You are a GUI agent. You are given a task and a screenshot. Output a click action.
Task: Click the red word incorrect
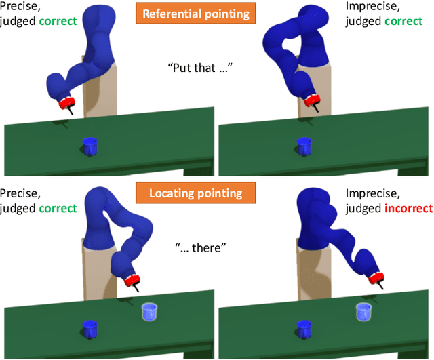click(409, 209)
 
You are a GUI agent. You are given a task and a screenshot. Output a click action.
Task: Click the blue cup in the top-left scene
click(90, 145)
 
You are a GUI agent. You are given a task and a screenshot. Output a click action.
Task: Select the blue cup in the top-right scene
click(304, 145)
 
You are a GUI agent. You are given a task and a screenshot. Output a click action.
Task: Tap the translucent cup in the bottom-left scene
click(150, 312)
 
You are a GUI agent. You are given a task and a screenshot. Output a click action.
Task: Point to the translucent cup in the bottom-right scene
click(364, 312)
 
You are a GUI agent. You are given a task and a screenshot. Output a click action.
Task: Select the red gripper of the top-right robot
click(313, 100)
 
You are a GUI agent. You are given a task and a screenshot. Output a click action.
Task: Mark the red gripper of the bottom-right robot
click(375, 277)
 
